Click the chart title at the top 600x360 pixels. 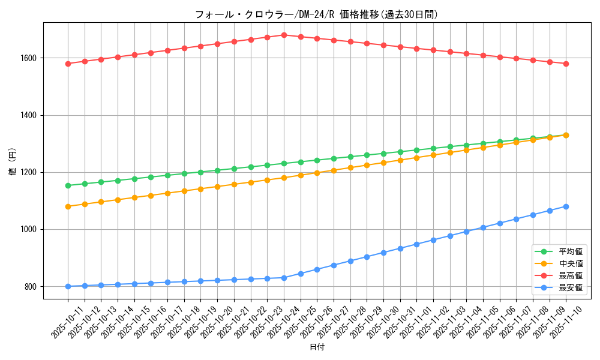pyautogui.click(x=317, y=14)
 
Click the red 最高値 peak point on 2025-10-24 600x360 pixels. pyautogui.click(x=284, y=35)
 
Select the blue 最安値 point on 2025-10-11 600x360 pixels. pyautogui.click(x=68, y=286)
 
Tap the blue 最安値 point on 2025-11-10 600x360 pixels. pyautogui.click(x=566, y=206)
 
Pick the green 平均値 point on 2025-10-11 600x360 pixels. pyautogui.click(x=68, y=185)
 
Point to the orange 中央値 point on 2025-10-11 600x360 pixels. pyautogui.click(x=68, y=206)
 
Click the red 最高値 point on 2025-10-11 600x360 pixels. pyautogui.click(x=68, y=64)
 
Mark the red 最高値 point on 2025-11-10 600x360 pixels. pyautogui.click(x=566, y=64)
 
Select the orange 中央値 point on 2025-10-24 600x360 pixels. pyautogui.click(x=284, y=178)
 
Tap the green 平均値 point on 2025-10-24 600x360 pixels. pyautogui.click(x=284, y=163)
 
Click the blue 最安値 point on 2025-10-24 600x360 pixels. pyautogui.click(x=284, y=278)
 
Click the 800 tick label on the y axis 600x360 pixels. pyautogui.click(x=31, y=287)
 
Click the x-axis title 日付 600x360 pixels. pyautogui.click(x=317, y=347)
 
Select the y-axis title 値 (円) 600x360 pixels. pyautogui.click(x=12, y=161)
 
